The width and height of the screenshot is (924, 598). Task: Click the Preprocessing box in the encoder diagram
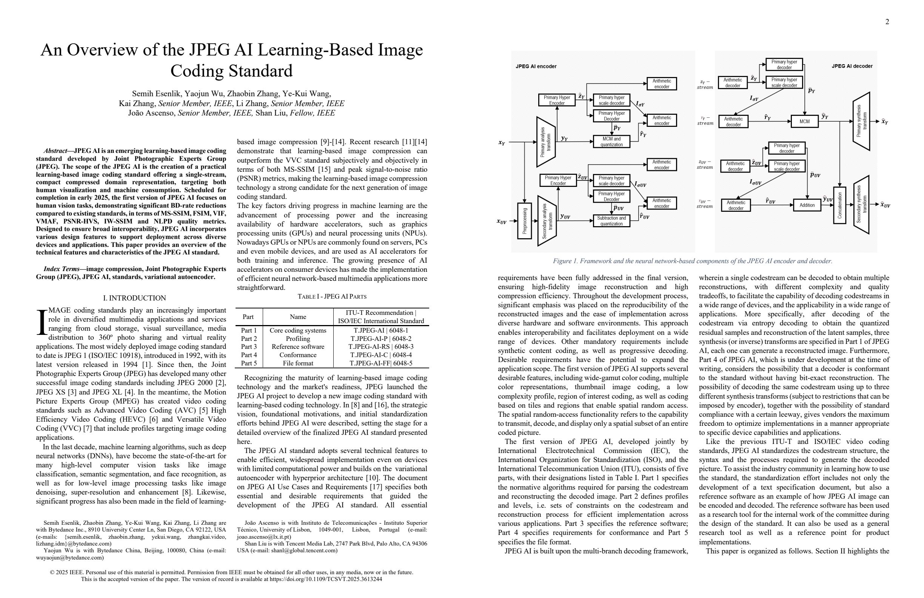[x=525, y=221]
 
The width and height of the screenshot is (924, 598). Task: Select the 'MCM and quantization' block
[x=611, y=142]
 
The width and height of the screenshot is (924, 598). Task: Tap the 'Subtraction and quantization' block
[x=611, y=221]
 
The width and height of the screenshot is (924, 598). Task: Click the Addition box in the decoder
[x=807, y=205]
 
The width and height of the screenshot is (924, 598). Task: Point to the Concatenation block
[x=839, y=205]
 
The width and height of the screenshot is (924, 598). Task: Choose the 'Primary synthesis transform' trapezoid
[x=861, y=122]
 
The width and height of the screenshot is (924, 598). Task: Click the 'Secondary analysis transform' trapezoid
[x=547, y=221]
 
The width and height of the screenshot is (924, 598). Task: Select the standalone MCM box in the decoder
[x=804, y=122]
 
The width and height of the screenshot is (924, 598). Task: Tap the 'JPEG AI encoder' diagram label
[x=536, y=66]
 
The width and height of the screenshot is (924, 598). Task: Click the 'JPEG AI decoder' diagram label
[x=852, y=66]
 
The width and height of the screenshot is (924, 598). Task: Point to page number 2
[x=887, y=22]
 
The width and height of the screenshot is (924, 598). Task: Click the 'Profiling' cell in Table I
[x=298, y=339]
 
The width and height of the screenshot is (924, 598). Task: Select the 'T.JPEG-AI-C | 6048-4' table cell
[x=380, y=355]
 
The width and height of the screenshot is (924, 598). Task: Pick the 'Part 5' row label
[x=249, y=364]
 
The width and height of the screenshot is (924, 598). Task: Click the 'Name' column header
[x=298, y=317]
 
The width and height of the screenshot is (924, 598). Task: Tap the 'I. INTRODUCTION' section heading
[x=134, y=298]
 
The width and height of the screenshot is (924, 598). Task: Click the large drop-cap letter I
[x=41, y=322]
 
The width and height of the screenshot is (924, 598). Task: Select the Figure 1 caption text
[x=692, y=261]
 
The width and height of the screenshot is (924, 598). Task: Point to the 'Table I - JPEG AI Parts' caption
[x=332, y=297]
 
